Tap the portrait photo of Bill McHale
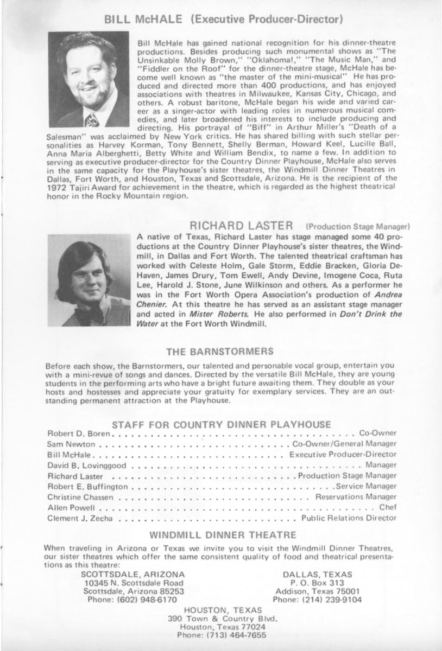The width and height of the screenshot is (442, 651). pyautogui.click(x=89, y=79)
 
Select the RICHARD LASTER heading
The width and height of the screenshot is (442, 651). pyautogui.click(x=242, y=225)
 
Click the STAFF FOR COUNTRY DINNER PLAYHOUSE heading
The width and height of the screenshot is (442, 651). pyautogui.click(x=221, y=424)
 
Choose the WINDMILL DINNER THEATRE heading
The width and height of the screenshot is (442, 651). pyautogui.click(x=223, y=534)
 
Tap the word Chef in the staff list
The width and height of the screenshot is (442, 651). pyautogui.click(x=388, y=507)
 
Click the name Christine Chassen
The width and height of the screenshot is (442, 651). pyautogui.click(x=80, y=497)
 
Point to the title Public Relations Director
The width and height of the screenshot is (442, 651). pyautogui.click(x=349, y=518)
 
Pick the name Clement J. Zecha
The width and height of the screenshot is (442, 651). pyautogui.click(x=80, y=518)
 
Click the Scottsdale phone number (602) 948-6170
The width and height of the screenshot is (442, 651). pyautogui.click(x=132, y=600)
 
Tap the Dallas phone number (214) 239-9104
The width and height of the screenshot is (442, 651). pyautogui.click(x=317, y=600)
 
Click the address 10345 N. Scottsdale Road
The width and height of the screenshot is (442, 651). pyautogui.click(x=134, y=583)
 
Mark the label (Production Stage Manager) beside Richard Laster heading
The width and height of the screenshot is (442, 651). pyautogui.click(x=358, y=226)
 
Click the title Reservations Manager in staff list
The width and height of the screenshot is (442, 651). pyautogui.click(x=356, y=497)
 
